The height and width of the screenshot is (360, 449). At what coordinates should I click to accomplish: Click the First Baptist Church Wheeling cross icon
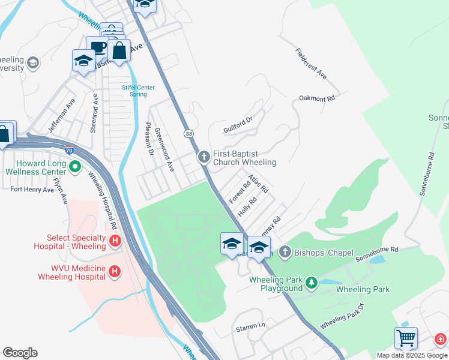(203, 157)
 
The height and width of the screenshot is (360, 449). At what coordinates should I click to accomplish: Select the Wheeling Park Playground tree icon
(311, 282)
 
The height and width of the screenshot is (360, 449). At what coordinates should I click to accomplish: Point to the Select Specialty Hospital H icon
(116, 241)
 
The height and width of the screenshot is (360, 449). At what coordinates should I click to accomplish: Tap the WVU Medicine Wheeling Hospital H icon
(114, 272)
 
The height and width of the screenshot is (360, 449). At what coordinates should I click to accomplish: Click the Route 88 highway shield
(189, 133)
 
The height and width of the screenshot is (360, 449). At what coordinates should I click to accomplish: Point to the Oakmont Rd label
(316, 97)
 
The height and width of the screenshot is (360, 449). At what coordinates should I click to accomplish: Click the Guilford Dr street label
(238, 125)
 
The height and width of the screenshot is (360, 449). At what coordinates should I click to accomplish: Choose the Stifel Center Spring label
(138, 91)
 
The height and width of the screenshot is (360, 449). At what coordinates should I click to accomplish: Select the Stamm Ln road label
(250, 325)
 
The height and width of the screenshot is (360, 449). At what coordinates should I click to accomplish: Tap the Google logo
(20, 353)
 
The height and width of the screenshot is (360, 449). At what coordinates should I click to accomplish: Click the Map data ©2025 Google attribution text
(412, 355)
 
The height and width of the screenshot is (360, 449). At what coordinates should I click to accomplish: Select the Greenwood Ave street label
(164, 149)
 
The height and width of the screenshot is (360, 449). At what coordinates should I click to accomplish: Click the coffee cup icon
(97, 47)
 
